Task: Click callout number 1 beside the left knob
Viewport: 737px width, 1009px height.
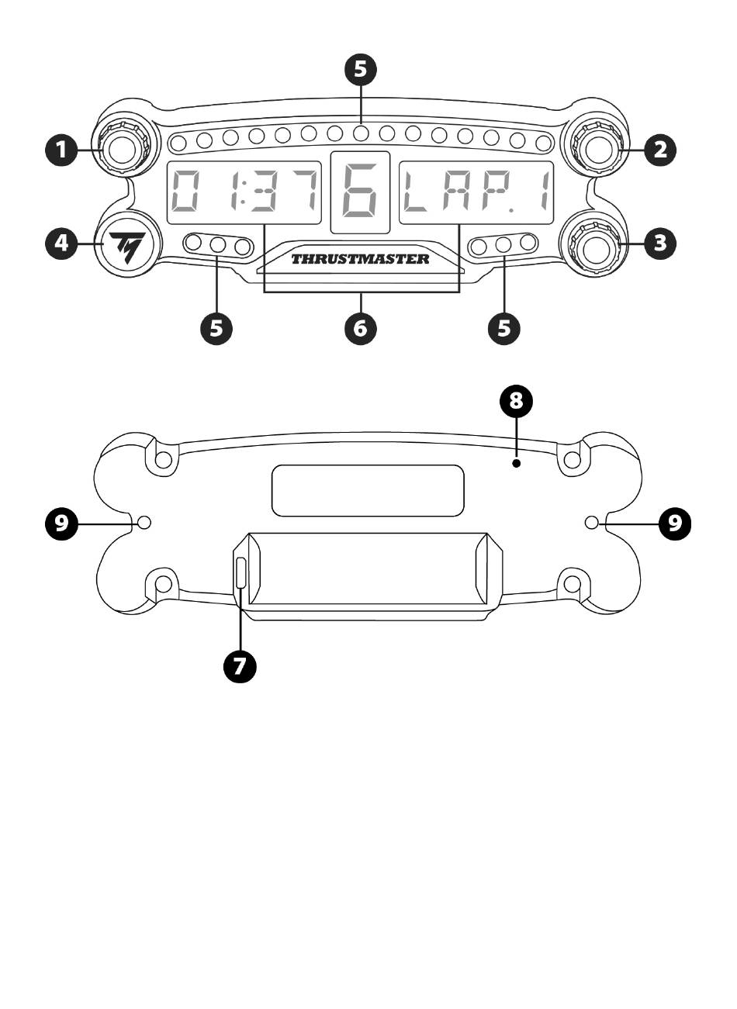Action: tap(62, 149)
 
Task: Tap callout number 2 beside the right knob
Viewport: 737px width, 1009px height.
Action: tap(660, 149)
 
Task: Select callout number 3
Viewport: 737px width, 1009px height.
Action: tap(660, 244)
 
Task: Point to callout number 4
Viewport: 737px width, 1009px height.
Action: tap(62, 244)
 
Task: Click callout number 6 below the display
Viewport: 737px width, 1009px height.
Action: tap(361, 328)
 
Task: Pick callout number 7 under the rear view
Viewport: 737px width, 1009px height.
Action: tap(240, 665)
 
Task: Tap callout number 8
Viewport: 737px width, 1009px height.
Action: tap(516, 400)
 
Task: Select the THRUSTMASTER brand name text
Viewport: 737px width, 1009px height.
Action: tap(361, 259)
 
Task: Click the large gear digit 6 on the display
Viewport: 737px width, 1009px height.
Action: tap(361, 192)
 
